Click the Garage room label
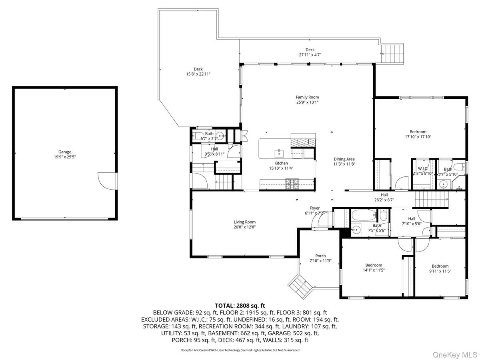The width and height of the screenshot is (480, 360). click(x=65, y=152)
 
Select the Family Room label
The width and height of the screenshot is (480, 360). click(x=307, y=97)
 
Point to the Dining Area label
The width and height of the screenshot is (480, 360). click(x=344, y=159)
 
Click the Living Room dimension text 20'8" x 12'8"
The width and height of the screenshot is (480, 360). click(x=244, y=227)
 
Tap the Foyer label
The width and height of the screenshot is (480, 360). click(x=315, y=208)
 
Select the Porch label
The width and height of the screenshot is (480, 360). click(x=320, y=256)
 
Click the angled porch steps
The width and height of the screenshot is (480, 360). click(x=301, y=285)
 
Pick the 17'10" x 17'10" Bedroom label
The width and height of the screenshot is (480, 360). click(x=418, y=132)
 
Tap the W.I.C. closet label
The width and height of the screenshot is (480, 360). click(x=423, y=169)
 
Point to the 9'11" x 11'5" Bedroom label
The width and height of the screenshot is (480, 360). click(x=440, y=266)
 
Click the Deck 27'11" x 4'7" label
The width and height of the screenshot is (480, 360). click(x=310, y=50)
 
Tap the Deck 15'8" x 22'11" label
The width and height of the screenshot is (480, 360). click(x=198, y=69)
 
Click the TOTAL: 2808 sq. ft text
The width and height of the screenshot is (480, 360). click(x=240, y=306)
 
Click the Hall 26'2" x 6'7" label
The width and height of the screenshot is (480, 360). click(x=384, y=195)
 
